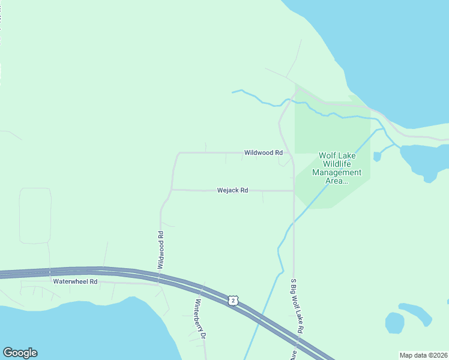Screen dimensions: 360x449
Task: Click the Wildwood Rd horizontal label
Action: click(x=263, y=153)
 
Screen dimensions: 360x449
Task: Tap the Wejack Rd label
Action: click(x=232, y=190)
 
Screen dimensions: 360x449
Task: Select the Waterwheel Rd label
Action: click(x=75, y=281)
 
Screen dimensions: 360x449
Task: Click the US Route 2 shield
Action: click(x=233, y=300)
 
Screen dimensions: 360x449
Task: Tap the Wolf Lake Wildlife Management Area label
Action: click(x=337, y=168)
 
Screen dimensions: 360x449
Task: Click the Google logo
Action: click(x=20, y=353)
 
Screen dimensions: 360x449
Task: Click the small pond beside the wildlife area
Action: click(x=377, y=157)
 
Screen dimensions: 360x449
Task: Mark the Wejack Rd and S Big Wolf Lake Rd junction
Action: click(x=294, y=191)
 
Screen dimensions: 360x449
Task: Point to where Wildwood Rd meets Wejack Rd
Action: click(x=172, y=190)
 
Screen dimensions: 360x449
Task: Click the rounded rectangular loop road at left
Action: click(x=35, y=215)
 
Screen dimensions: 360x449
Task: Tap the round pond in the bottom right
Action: click(x=394, y=323)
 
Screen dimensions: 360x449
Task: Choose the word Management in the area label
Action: click(x=337, y=172)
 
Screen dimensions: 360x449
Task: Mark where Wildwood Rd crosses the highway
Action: click(x=159, y=275)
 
